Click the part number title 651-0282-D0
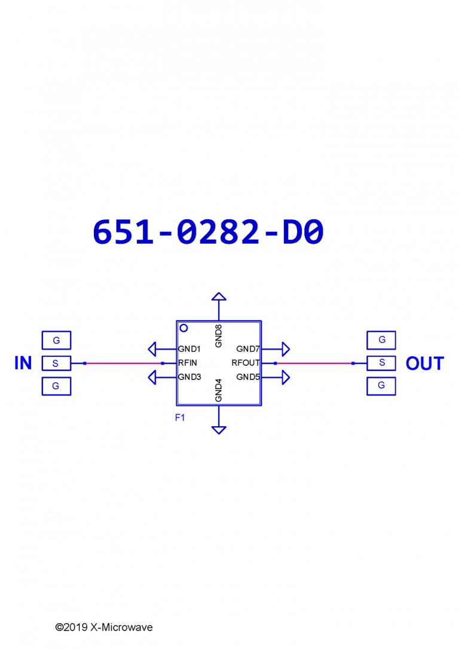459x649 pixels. click(208, 232)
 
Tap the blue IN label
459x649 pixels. click(23, 363)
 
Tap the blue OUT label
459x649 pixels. click(425, 363)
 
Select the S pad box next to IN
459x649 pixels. click(56, 363)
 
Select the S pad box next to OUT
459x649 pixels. click(381, 363)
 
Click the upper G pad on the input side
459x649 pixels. click(56, 340)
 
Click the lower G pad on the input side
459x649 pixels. click(56, 386)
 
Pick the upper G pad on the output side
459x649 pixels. click(381, 340)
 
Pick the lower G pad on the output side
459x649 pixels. click(381, 386)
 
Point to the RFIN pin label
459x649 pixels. click(188, 363)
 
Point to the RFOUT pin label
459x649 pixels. click(246, 363)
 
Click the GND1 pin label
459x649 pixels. click(189, 349)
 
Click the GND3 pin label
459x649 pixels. click(189, 377)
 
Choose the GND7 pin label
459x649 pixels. click(248, 349)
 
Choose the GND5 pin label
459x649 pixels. click(248, 377)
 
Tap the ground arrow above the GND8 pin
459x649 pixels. click(219, 296)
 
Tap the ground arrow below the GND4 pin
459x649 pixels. click(219, 430)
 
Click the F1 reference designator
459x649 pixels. click(180, 418)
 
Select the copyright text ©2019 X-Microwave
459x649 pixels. click(104, 627)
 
